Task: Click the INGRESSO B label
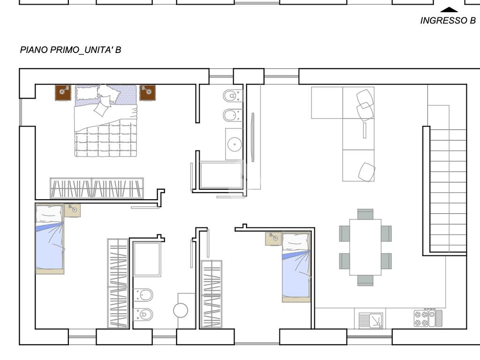tap(448, 21)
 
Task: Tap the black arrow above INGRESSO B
tap(449, 10)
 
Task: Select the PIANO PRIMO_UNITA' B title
tap(70, 50)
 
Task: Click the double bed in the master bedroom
tap(105, 120)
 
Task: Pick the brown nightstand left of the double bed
tap(63, 93)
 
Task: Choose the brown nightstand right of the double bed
tap(148, 93)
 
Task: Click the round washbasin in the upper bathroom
tap(234, 144)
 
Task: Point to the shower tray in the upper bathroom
tap(221, 175)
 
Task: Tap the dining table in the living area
tap(365, 247)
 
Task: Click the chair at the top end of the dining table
tap(365, 214)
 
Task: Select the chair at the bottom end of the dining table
tap(365, 280)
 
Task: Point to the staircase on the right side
tap(448, 190)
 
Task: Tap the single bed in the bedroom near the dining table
tap(296, 267)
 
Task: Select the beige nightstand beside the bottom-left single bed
tap(73, 210)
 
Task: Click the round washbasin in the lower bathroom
tap(180, 310)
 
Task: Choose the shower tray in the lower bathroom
tap(147, 259)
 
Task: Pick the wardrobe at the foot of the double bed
tap(97, 188)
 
